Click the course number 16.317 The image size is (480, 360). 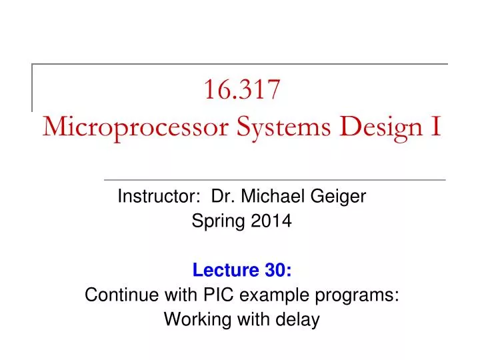point(242,89)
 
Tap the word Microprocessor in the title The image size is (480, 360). point(135,127)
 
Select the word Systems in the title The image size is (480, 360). point(283,127)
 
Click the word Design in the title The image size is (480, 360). point(381,127)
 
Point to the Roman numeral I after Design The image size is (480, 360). point(436,125)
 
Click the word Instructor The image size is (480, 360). point(159,196)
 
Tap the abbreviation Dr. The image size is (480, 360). point(223,196)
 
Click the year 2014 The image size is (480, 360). point(271,221)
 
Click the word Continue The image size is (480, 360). point(121,295)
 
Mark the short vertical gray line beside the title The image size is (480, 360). point(32,88)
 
